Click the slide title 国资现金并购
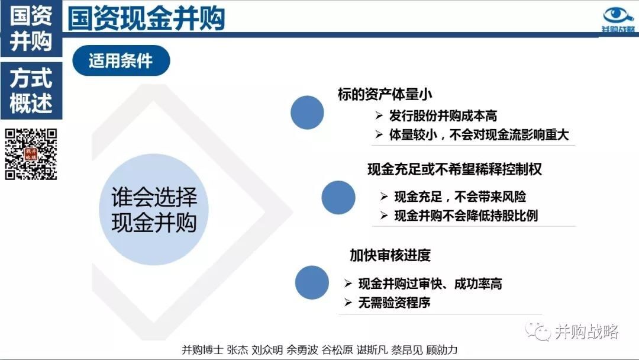click(146, 19)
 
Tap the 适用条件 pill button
click(121, 61)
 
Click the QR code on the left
click(31, 155)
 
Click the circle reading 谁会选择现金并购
click(154, 210)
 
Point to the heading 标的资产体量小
click(385, 94)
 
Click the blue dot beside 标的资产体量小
click(307, 112)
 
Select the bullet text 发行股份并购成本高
click(443, 116)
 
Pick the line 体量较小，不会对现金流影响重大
click(479, 135)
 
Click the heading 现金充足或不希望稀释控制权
click(454, 169)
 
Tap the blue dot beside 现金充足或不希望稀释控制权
click(338, 198)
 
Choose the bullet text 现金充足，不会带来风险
click(460, 197)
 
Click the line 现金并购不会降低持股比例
click(466, 216)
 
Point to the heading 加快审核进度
click(390, 255)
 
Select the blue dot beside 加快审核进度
click(312, 282)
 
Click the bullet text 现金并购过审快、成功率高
click(430, 284)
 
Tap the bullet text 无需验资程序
click(394, 303)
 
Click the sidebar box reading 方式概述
click(31, 91)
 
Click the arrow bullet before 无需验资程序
click(348, 302)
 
